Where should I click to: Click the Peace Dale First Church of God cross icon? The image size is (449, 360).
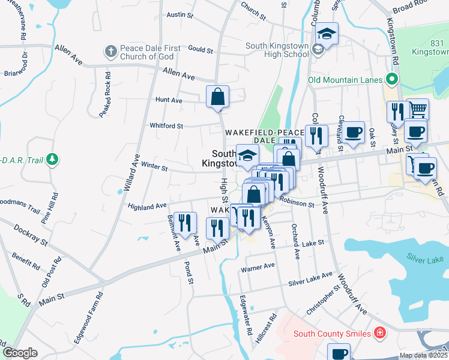click(x=111, y=52)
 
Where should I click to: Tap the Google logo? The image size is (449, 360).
click(x=20, y=353)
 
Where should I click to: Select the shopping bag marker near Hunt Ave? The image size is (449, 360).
click(x=217, y=97)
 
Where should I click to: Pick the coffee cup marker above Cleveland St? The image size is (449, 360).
click(x=353, y=132)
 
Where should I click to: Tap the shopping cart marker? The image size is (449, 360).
click(x=418, y=109)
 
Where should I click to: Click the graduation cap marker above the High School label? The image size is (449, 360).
click(x=327, y=34)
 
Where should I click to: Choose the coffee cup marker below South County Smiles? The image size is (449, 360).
click(x=339, y=352)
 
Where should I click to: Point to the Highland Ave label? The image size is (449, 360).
click(x=147, y=206)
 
